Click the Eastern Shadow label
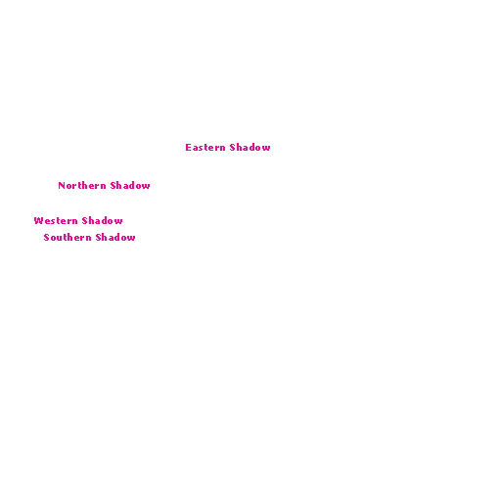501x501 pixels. point(228,148)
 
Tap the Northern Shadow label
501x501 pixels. point(104,186)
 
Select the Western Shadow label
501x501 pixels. point(78,221)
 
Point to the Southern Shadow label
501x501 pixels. point(89,238)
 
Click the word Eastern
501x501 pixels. point(205,148)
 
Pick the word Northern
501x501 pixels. point(82,186)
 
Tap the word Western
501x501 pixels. point(56,221)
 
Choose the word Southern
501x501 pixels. point(68,238)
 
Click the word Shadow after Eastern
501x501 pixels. point(250,148)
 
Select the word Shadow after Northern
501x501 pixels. point(130,186)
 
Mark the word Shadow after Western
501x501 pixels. point(103,221)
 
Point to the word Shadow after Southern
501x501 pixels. point(115,238)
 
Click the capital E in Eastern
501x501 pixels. point(188,148)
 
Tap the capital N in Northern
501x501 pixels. point(62,186)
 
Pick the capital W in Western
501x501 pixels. point(39,221)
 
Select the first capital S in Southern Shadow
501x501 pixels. point(46,238)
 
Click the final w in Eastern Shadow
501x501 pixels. point(266,149)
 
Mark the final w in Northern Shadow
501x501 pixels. point(146,187)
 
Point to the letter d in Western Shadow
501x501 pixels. point(104,221)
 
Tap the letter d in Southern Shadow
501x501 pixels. point(117,238)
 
